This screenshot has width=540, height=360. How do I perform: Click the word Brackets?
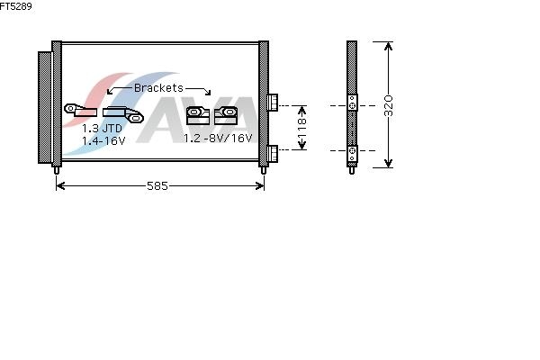(x=158, y=88)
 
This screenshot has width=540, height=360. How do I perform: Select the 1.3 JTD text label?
(x=102, y=129)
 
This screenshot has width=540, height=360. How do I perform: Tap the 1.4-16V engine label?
(x=103, y=141)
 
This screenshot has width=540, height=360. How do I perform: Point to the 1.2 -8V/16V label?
(x=218, y=139)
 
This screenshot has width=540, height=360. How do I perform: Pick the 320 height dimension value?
(x=389, y=105)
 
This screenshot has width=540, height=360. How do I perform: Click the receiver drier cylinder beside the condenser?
(x=44, y=107)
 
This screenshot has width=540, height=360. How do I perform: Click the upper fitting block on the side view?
(x=354, y=105)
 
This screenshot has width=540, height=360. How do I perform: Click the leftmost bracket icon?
(x=79, y=111)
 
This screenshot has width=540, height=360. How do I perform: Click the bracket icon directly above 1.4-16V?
(x=122, y=113)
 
